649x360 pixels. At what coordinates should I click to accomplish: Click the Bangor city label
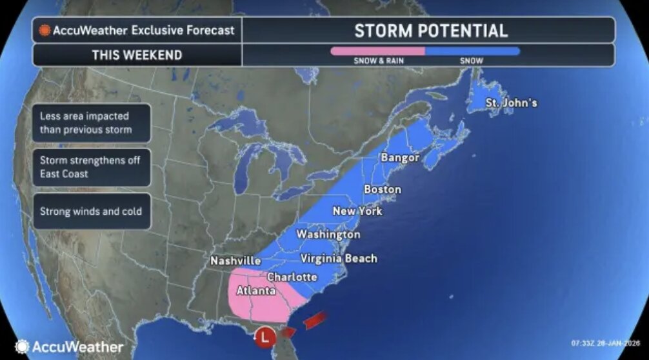point(400,157)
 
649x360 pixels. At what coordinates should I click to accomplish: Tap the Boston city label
point(382,190)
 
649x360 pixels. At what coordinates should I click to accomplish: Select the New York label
point(357,211)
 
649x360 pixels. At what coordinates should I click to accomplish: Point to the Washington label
point(328,234)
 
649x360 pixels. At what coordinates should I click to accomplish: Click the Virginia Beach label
point(339,259)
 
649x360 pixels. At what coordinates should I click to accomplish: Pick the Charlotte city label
point(292,277)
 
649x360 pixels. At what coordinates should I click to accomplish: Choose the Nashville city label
point(235,261)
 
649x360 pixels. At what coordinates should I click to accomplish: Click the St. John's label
point(511,103)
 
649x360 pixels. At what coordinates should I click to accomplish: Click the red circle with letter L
point(265,336)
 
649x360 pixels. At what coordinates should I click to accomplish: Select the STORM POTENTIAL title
point(430,30)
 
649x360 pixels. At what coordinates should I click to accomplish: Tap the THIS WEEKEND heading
point(137,55)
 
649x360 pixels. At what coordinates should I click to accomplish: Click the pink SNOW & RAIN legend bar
point(378,50)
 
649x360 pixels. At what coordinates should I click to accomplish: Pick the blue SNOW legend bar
point(472,50)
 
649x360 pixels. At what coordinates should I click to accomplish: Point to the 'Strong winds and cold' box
point(90,211)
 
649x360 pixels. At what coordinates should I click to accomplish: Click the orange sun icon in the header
point(45,30)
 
